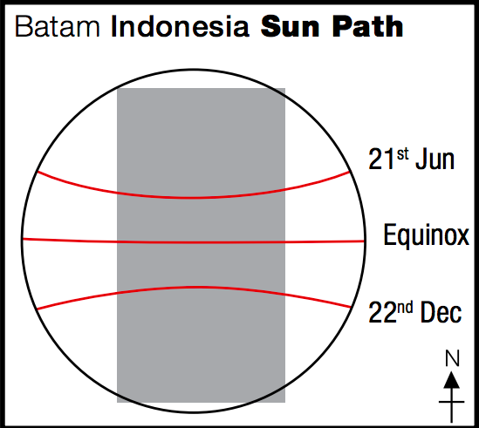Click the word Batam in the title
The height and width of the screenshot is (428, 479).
coord(58,26)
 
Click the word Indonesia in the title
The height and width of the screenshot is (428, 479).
coord(180,26)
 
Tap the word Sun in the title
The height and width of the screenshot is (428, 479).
coord(290,26)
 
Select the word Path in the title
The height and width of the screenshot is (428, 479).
coord(368,26)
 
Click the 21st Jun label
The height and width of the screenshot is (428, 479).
coord(411,159)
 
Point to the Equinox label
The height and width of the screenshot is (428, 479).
coord(426,235)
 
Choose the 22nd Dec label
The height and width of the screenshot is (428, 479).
coord(414,312)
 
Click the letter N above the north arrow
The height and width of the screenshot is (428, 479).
coord(452,358)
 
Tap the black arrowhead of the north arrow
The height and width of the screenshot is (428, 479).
coord(452,379)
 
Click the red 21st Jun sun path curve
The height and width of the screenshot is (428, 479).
coord(194,198)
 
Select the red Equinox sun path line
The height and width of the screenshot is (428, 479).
coord(194,242)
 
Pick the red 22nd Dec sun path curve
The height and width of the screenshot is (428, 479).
coord(194,288)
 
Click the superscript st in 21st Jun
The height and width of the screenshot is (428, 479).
coord(402,154)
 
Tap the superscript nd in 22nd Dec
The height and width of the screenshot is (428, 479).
coord(405,308)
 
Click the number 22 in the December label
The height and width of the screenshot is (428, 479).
coord(382,312)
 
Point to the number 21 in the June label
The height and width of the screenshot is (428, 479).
coord(382,159)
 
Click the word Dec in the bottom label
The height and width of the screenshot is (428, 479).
coord(441,312)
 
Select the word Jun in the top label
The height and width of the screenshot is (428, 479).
coord(435,159)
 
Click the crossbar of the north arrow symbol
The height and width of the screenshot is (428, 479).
coord(451,402)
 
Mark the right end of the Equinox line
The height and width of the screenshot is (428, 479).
coord(365,241)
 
